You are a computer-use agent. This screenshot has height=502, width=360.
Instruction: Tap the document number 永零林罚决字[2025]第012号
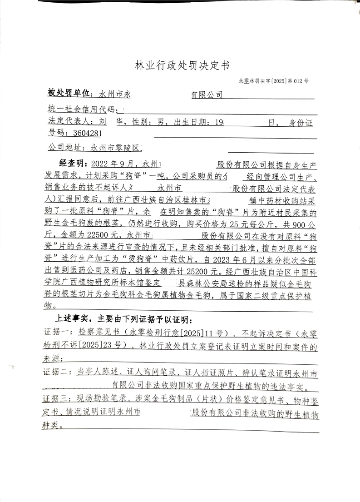click(273, 81)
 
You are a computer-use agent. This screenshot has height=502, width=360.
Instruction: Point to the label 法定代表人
click(68, 122)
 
